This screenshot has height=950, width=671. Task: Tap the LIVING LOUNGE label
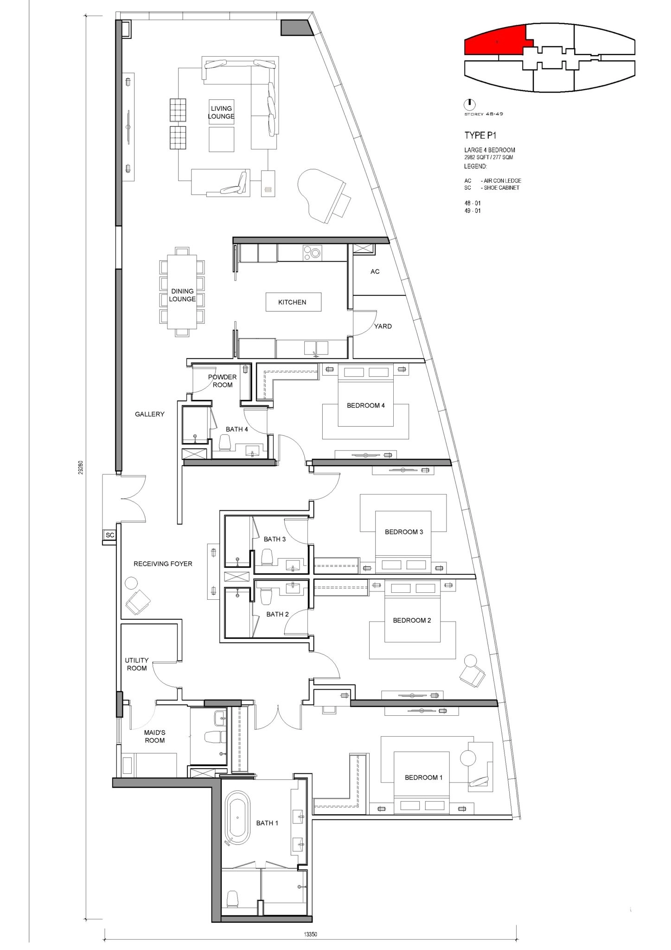pyautogui.click(x=221, y=112)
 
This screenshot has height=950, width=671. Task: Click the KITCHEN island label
pyautogui.click(x=292, y=302)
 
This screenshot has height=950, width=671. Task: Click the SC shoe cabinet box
pyautogui.click(x=110, y=535)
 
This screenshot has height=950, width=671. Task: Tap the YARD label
pyautogui.click(x=383, y=326)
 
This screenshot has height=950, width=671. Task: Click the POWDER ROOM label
pyautogui.click(x=223, y=381)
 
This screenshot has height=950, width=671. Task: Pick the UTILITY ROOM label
pyautogui.click(x=137, y=664)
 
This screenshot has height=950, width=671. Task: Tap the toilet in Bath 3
pyautogui.click(x=267, y=557)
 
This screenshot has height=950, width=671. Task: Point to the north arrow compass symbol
pyautogui.click(x=470, y=104)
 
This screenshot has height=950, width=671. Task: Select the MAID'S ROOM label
pyautogui.click(x=154, y=736)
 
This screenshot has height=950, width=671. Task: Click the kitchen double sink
pyautogui.click(x=316, y=347)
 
